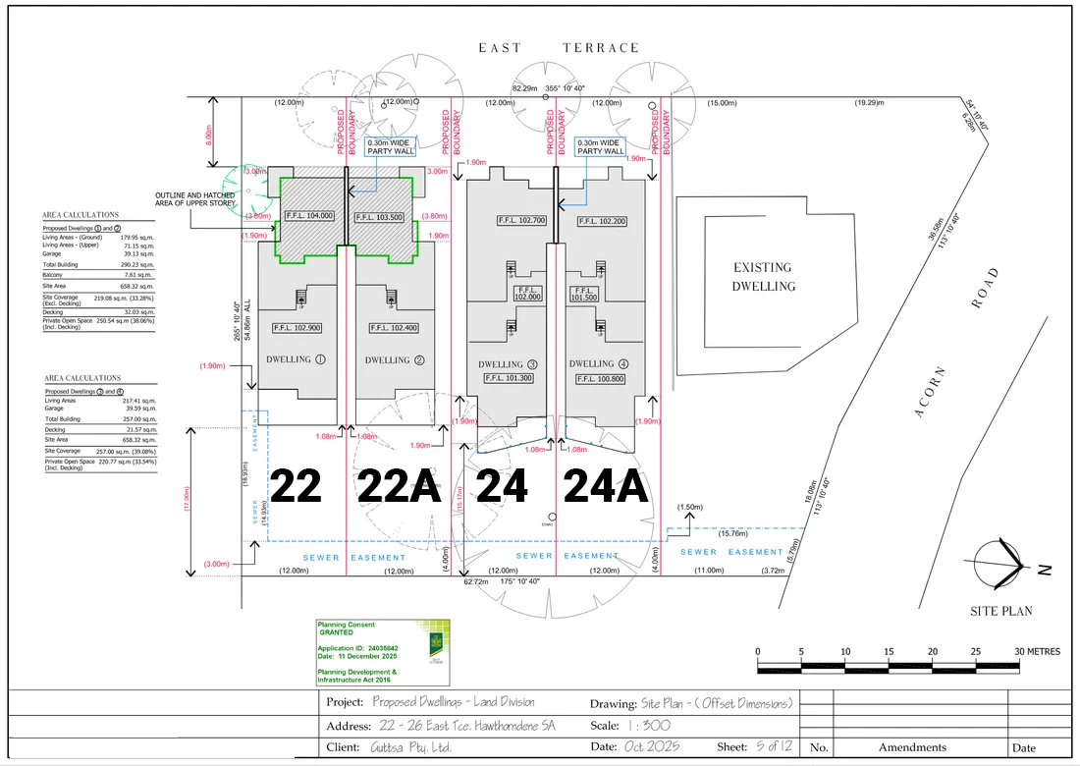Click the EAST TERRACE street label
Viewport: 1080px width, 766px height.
558,47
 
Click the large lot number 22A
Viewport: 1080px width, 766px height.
398,486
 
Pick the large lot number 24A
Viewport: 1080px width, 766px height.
605,486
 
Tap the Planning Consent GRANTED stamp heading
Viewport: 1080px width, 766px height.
346,629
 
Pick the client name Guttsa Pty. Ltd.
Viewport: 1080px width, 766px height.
412,747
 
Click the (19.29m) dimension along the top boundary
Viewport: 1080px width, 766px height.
867,103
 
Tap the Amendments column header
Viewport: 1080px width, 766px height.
912,747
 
